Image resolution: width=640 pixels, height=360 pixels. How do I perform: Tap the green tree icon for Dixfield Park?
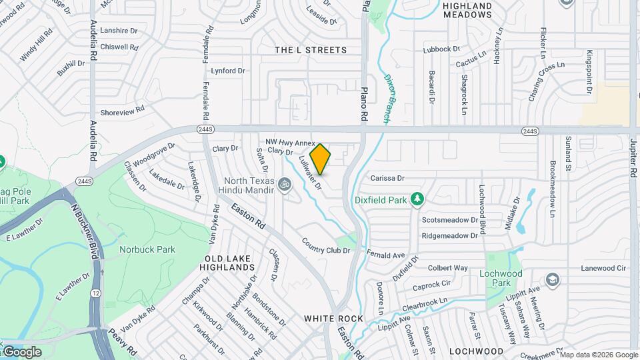click(417, 199)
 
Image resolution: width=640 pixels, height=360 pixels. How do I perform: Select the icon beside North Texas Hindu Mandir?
click(285, 183)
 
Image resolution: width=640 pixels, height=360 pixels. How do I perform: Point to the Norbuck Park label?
click(138, 249)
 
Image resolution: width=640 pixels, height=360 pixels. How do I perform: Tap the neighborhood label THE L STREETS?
click(311, 50)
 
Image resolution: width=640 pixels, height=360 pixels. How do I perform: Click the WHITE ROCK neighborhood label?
click(334, 319)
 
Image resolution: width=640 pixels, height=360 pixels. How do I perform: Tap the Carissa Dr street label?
click(388, 178)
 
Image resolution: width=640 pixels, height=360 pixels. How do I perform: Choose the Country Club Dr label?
click(325, 245)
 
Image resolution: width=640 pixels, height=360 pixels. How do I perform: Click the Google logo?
click(21, 351)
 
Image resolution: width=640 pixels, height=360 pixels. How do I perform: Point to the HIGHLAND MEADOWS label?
click(467, 10)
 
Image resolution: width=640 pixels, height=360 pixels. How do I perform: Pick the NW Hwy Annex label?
click(289, 142)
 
